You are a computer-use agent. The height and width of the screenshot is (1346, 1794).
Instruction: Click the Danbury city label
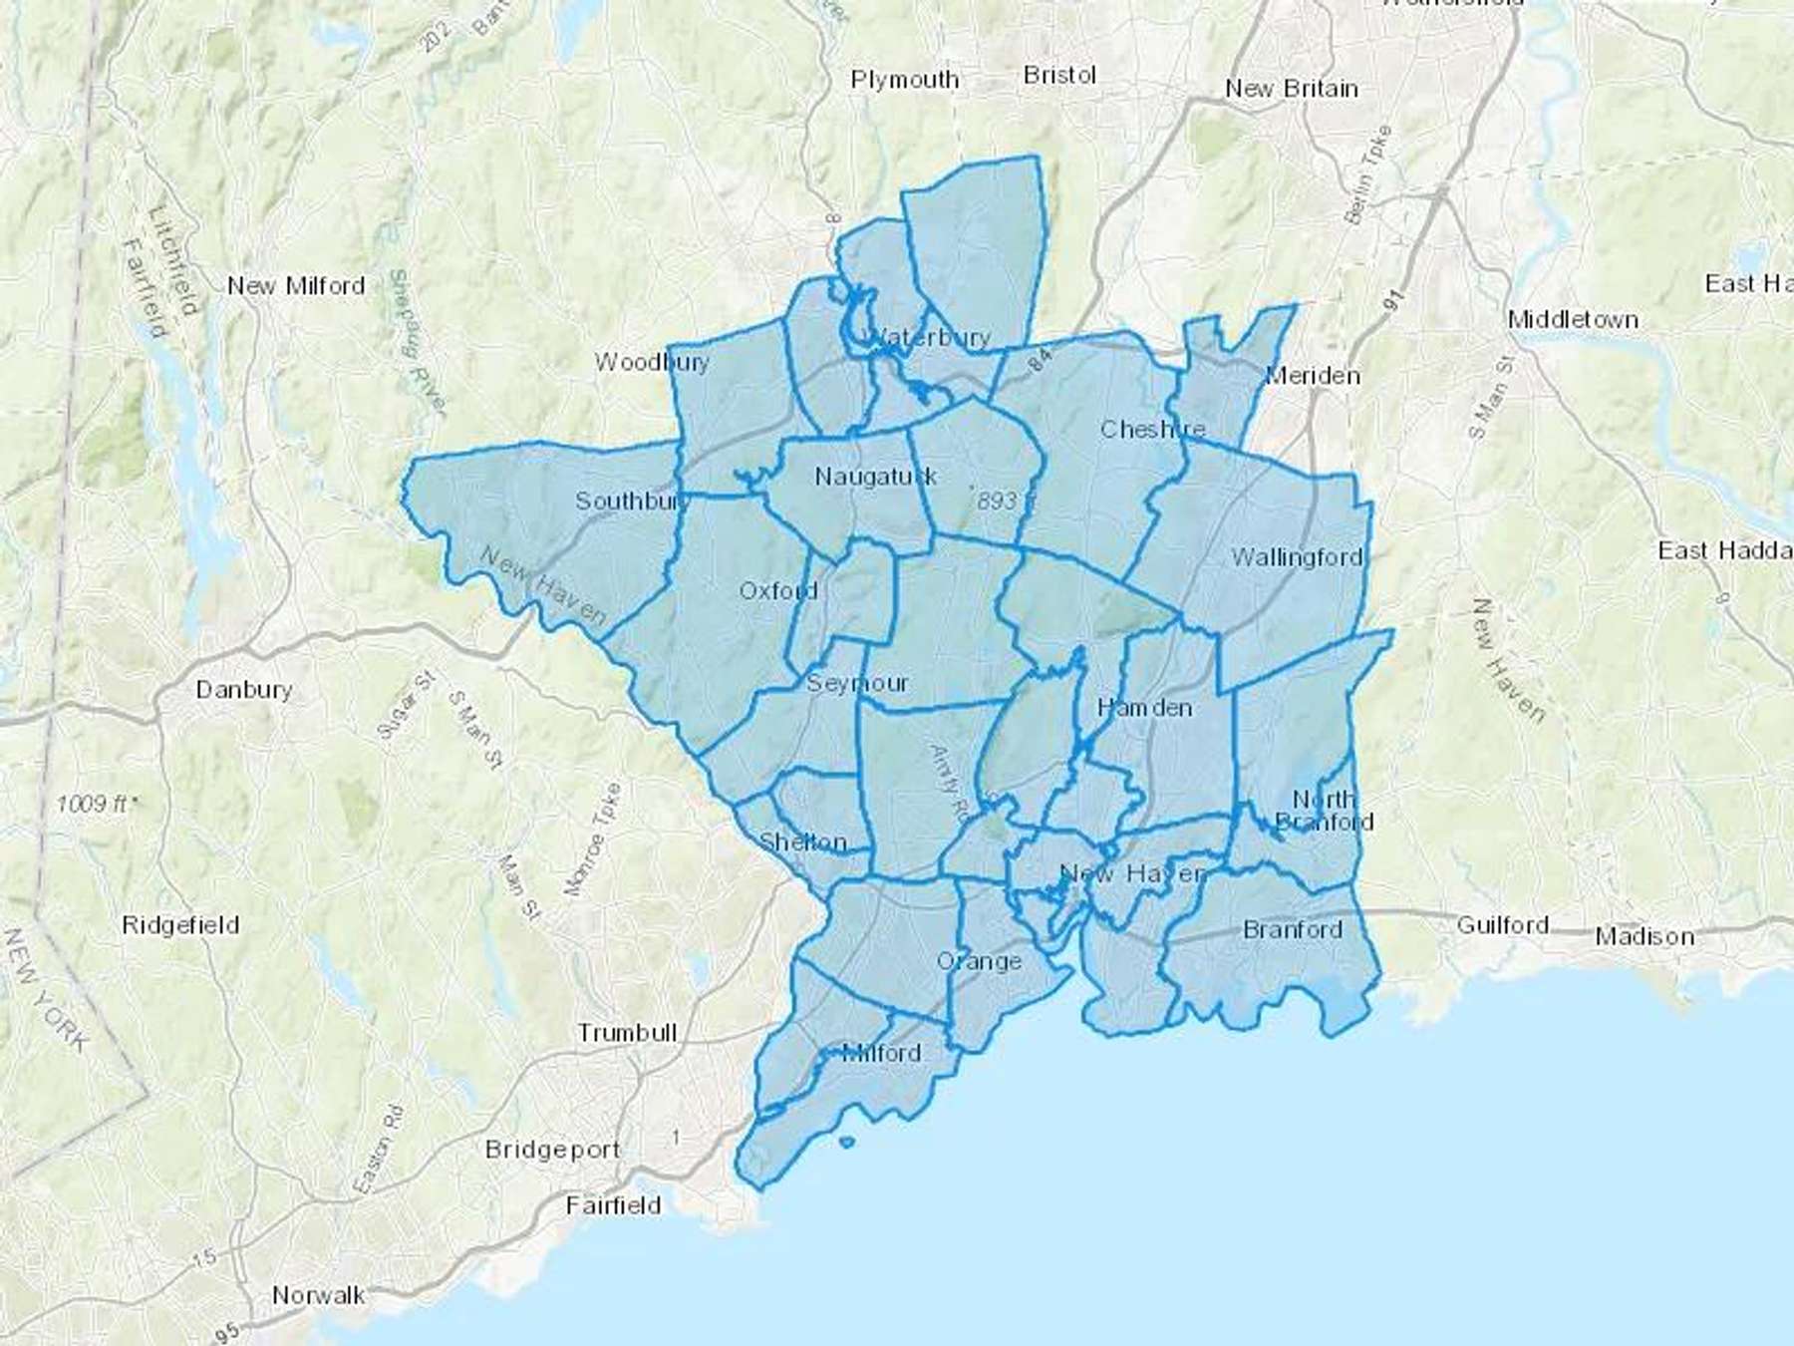[x=244, y=690]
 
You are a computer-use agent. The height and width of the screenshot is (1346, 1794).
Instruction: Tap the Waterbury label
[x=929, y=337]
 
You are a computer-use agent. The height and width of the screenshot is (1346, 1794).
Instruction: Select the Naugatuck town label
[x=876, y=477]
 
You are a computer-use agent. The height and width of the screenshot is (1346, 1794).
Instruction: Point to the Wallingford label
[x=1297, y=557]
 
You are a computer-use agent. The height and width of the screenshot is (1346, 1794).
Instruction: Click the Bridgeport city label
[x=553, y=1150]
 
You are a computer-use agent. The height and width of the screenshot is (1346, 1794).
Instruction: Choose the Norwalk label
[x=319, y=1295]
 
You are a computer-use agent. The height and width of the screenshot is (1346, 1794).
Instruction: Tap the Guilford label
[x=1502, y=925]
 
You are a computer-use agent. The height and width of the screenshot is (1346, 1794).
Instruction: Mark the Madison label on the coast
[x=1644, y=936]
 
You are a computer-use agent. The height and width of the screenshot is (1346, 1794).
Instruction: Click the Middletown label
[x=1573, y=320]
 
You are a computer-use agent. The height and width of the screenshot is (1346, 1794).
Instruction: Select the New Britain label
[x=1292, y=89]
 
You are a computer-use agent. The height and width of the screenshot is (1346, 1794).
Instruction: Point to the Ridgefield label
[x=180, y=925]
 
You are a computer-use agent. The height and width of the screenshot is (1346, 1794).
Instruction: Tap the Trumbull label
[x=627, y=1033]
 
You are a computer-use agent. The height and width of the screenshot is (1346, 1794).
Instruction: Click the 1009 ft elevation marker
[x=95, y=804]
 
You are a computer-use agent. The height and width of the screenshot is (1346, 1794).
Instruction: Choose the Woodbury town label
[x=652, y=362]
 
